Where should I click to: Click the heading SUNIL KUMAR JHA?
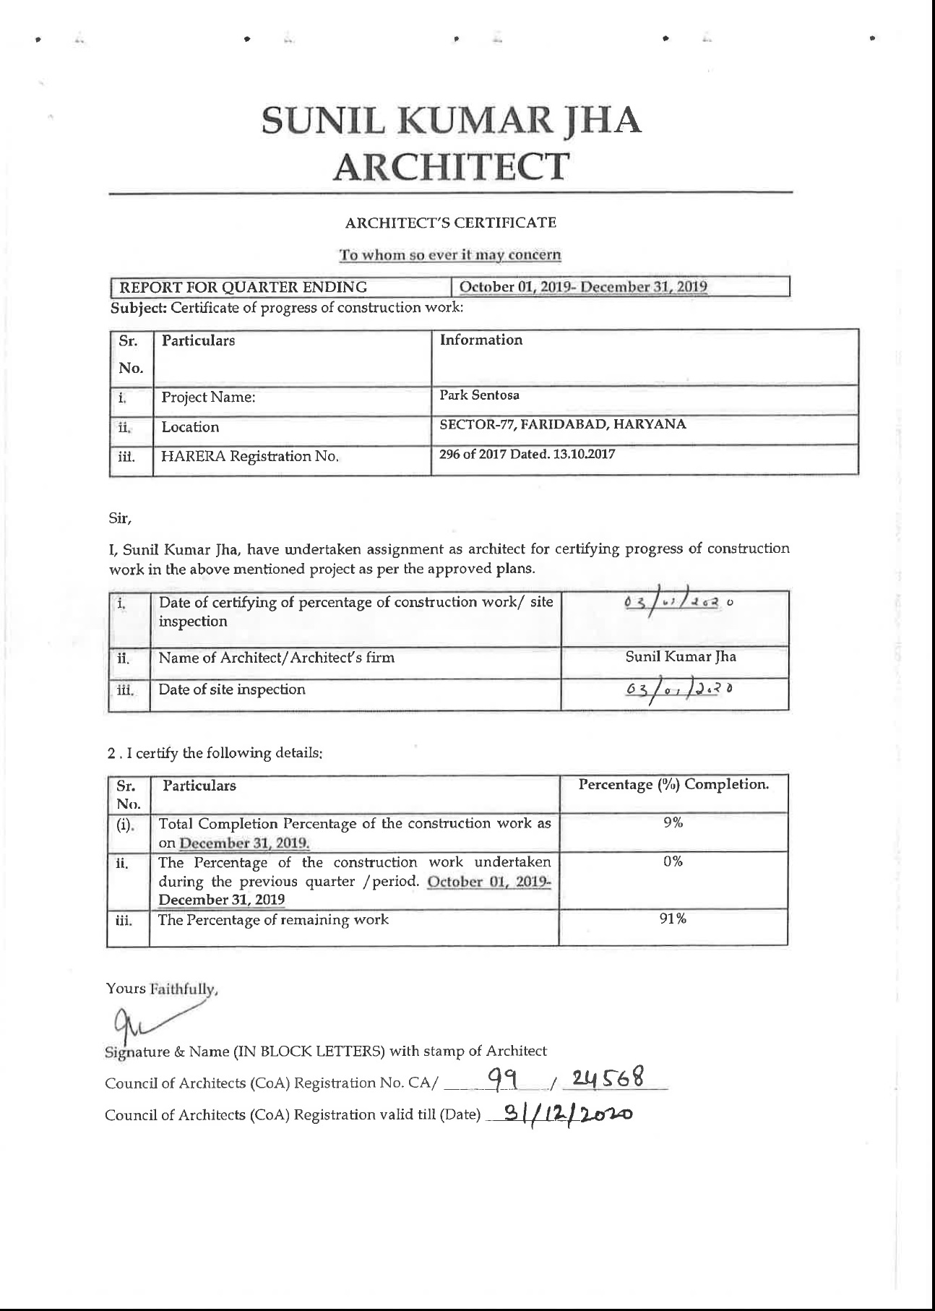451,121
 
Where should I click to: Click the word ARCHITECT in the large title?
451,167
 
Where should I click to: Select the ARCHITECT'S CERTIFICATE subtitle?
451,223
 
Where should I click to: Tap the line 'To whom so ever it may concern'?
451,255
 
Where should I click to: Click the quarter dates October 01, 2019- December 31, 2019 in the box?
583,287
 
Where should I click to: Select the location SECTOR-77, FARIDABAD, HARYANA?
563,425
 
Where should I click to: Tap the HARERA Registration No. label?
250,457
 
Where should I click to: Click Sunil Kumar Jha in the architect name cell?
681,658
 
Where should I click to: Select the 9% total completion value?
673,823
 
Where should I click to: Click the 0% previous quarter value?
673,862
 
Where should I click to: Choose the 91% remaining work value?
673,919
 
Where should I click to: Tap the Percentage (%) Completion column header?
673,785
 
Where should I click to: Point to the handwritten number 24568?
606,1079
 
